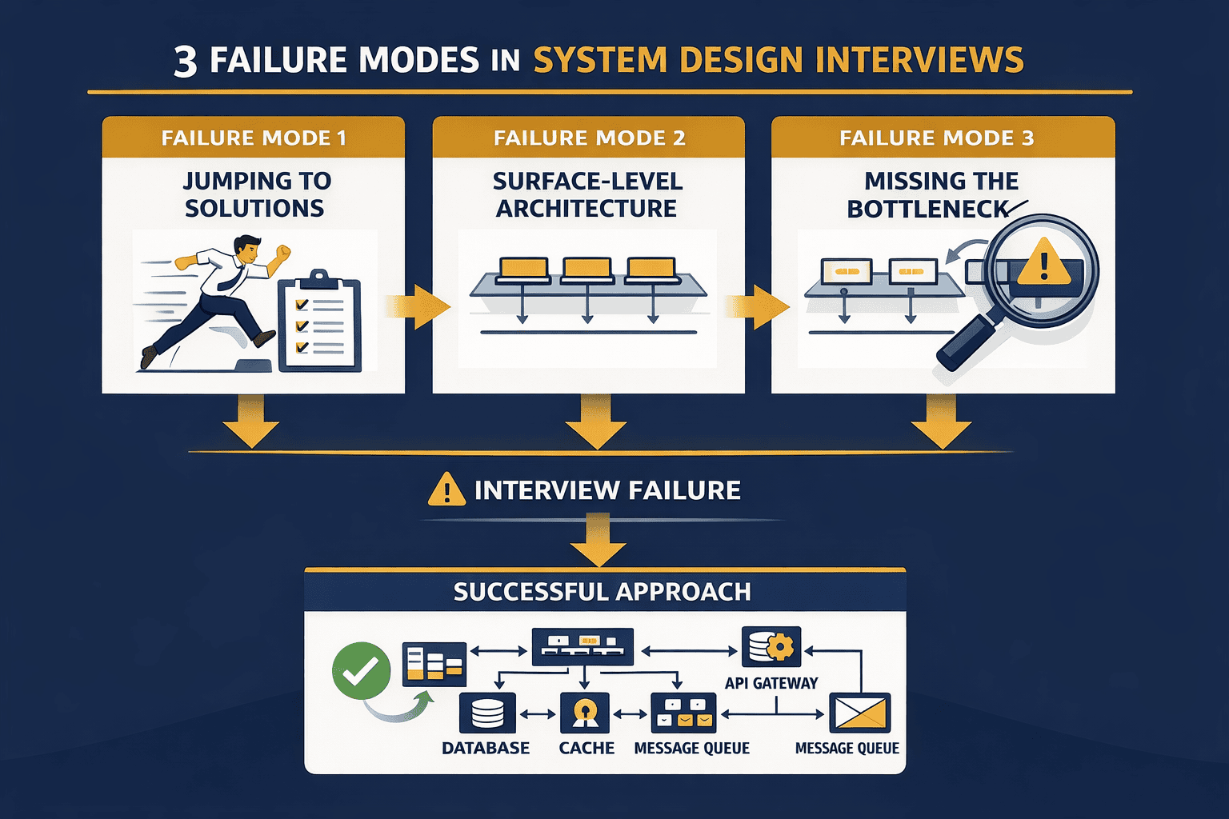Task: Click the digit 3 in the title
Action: (186, 62)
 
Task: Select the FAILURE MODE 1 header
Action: (254, 138)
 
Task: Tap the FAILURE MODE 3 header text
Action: (936, 138)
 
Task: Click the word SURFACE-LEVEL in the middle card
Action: (587, 182)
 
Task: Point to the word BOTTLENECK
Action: (927, 209)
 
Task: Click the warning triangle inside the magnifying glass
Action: (1043, 262)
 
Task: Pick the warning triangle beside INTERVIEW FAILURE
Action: (446, 489)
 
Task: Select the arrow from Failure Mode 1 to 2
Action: (417, 306)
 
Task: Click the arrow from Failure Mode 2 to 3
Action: (757, 306)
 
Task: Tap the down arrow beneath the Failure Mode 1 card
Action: (251, 422)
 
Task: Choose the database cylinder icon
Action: (487, 713)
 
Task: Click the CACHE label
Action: (586, 748)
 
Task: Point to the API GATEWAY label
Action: (771, 683)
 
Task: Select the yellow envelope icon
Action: (859, 713)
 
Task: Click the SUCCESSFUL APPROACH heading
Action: (602, 591)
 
